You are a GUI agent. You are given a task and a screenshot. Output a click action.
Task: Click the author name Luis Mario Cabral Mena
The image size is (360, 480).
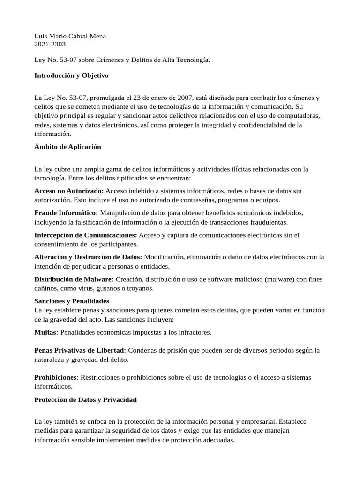[x=70, y=36]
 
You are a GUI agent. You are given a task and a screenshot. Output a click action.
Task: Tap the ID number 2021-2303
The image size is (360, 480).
[x=50, y=45]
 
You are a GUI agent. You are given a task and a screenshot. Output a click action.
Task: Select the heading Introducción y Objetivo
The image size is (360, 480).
[x=71, y=75]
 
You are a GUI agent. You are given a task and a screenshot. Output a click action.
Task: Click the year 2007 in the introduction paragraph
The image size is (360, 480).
[x=184, y=98]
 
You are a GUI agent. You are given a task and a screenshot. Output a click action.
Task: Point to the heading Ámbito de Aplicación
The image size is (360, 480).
[x=67, y=147]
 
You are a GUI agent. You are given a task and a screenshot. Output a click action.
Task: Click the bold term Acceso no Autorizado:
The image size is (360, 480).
[x=69, y=191]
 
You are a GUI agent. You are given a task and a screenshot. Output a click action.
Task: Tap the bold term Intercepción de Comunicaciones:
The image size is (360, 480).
[x=86, y=235]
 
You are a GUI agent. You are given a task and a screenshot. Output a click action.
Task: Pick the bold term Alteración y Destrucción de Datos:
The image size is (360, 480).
[x=88, y=257]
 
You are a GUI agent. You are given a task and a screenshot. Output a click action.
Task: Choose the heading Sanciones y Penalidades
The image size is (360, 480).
[x=72, y=301]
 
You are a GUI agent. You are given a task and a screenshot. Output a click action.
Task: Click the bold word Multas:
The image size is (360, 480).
[x=46, y=332]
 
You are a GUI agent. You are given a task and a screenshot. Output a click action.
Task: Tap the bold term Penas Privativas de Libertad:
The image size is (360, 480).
[x=80, y=350]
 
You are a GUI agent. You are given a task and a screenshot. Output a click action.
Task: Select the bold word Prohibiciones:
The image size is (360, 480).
[x=57, y=377]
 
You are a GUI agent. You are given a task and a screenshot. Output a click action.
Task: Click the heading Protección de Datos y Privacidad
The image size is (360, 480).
[x=85, y=399]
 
